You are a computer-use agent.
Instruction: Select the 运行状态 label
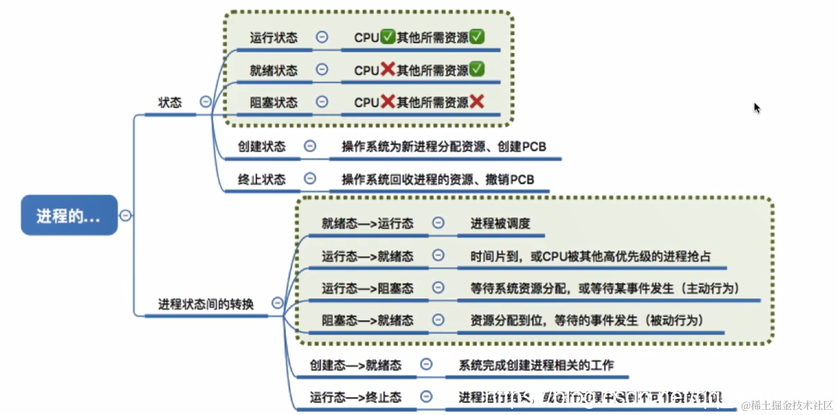(x=274, y=38)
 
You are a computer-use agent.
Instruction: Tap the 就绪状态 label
(x=274, y=70)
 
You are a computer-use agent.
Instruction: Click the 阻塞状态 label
(x=274, y=103)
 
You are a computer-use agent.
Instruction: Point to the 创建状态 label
(x=262, y=147)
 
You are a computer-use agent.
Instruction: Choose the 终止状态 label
(x=262, y=179)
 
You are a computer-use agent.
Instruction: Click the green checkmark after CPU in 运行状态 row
(x=388, y=38)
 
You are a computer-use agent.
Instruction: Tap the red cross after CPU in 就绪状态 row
(x=388, y=70)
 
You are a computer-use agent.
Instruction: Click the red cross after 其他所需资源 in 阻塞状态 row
(x=477, y=102)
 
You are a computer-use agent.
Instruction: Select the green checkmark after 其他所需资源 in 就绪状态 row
(x=477, y=70)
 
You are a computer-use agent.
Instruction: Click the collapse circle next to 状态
(x=205, y=102)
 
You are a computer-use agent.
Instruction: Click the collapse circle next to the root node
(x=125, y=216)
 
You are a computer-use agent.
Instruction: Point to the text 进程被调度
(x=500, y=223)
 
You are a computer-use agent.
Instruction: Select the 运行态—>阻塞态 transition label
(x=367, y=288)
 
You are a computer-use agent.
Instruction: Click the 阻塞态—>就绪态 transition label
(x=367, y=320)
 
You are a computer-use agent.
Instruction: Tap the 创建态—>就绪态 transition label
(x=355, y=365)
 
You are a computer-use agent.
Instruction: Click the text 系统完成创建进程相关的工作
(x=536, y=365)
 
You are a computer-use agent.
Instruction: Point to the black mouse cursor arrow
(x=757, y=108)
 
